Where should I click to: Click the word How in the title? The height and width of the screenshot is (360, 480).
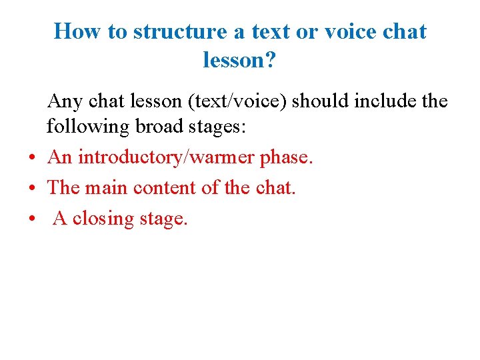(x=75, y=31)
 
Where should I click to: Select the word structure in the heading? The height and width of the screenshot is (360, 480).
(x=165, y=31)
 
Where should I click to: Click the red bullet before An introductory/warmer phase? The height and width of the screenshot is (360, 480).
(x=32, y=159)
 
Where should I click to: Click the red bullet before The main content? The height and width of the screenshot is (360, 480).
(x=32, y=189)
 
